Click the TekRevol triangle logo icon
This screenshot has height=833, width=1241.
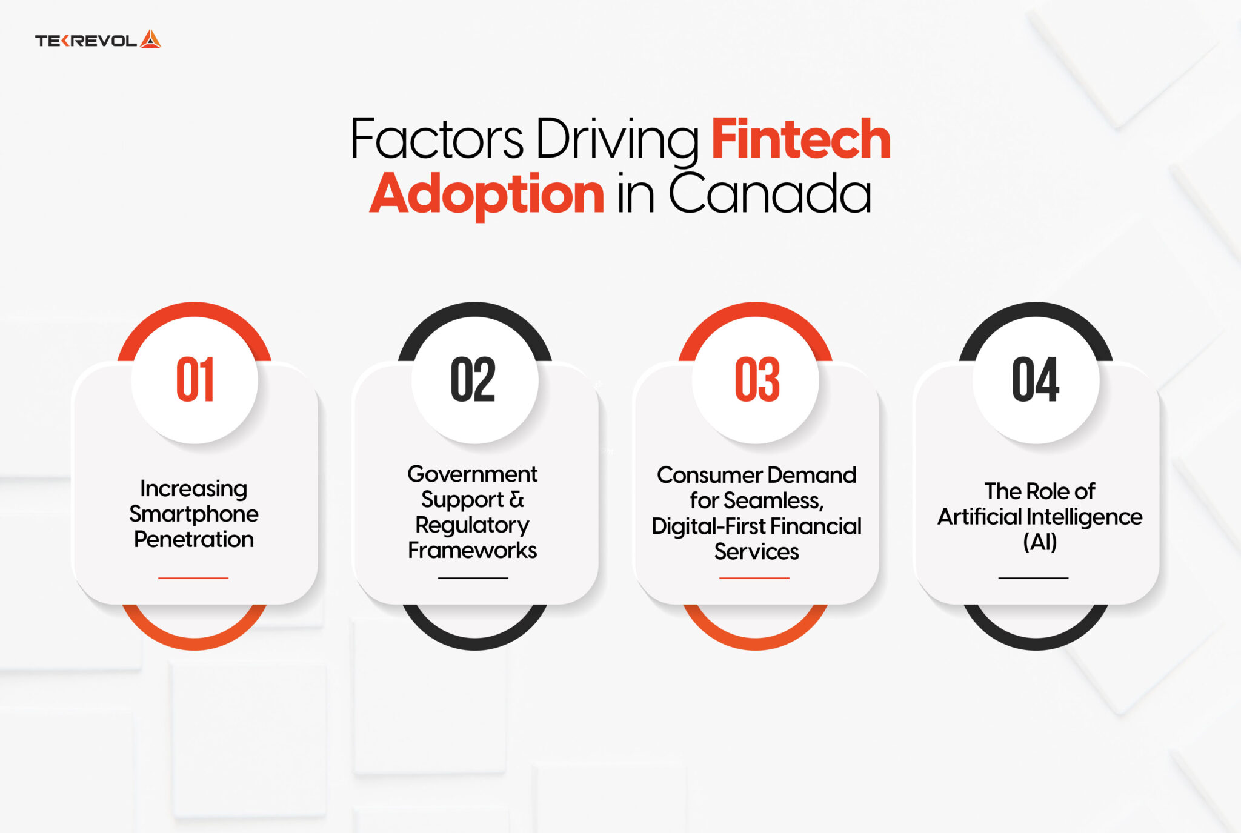pos(150,40)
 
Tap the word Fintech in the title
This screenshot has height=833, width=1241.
pos(800,139)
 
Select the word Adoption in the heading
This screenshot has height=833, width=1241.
pos(487,194)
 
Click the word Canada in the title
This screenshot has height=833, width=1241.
pos(770,194)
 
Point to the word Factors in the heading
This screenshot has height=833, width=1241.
pos(436,139)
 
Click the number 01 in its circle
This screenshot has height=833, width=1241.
pos(195,380)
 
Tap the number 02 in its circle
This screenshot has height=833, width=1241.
pos(473,380)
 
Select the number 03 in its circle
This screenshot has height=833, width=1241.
pos(757,380)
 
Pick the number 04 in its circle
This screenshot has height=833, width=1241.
pos(1036,380)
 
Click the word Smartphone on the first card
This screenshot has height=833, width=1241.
pos(194,514)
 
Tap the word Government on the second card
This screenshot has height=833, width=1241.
pos(473,474)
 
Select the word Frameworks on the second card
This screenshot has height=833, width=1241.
pos(473,550)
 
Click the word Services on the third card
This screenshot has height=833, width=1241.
pos(756,551)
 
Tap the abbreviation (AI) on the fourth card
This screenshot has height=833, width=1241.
pos(1040,542)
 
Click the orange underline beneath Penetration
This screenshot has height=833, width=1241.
pos(193,578)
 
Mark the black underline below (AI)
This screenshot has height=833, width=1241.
pos(1033,578)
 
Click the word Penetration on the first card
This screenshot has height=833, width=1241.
pos(194,539)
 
